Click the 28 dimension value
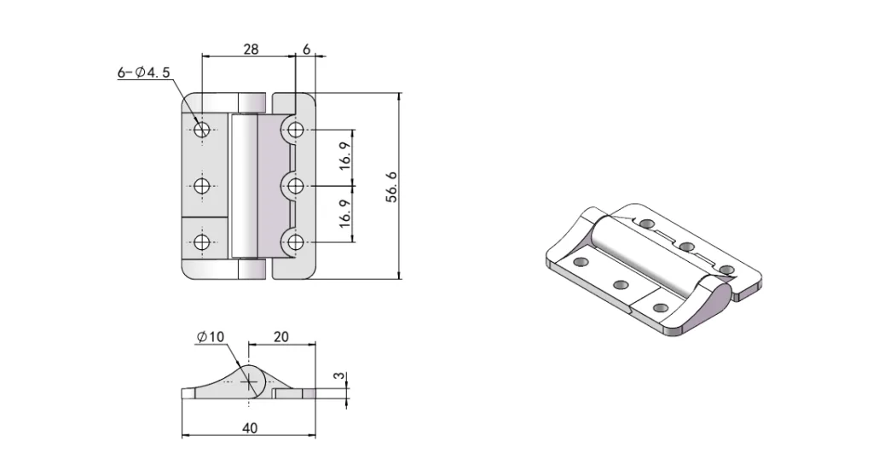(251, 49)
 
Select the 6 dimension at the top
(306, 49)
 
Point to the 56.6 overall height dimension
(391, 187)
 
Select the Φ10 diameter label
(210, 337)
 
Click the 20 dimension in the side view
(280, 337)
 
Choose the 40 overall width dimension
(249, 427)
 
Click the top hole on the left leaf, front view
(202, 130)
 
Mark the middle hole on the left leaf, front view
(202, 187)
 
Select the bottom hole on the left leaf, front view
(202, 243)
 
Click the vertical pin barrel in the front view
(244, 187)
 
